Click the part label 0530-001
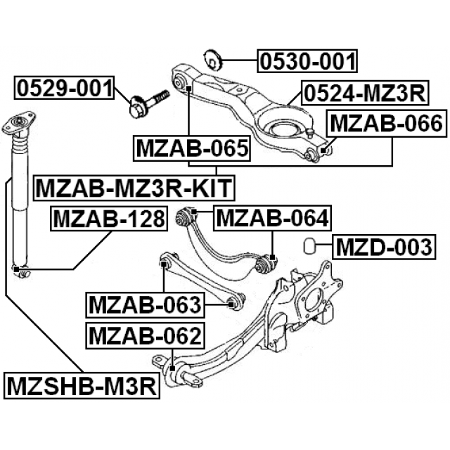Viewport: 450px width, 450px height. (307, 62)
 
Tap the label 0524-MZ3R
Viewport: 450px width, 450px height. (355, 93)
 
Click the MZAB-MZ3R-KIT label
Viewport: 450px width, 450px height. (134, 188)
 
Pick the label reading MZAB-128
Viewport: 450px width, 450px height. (108, 219)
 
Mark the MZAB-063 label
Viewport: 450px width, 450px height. (145, 305)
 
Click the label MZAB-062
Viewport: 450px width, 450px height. (144, 335)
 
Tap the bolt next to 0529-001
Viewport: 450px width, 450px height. (148, 101)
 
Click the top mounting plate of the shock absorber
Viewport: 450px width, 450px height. (19, 127)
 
